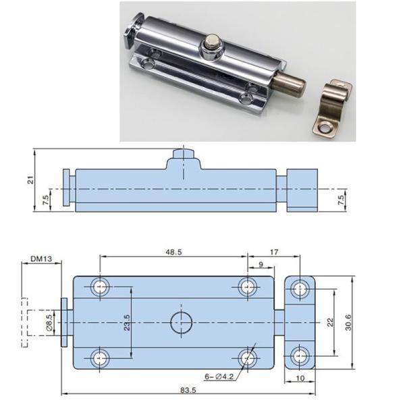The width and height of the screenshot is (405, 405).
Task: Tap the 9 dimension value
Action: coord(261,265)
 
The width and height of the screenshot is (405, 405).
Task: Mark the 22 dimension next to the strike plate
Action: coord(330,323)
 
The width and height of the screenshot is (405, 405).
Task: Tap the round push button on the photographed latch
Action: coord(213,49)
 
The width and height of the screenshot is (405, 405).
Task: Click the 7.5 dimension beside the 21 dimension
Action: coord(45,200)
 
